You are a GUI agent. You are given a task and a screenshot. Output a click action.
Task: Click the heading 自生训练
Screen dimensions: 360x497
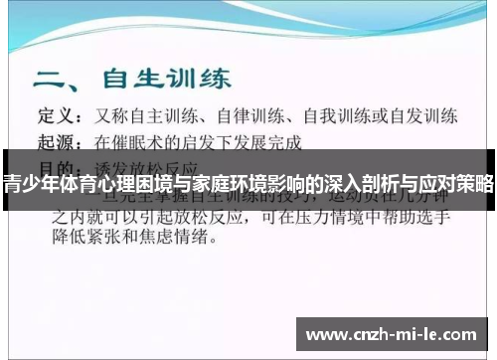point(164,77)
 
